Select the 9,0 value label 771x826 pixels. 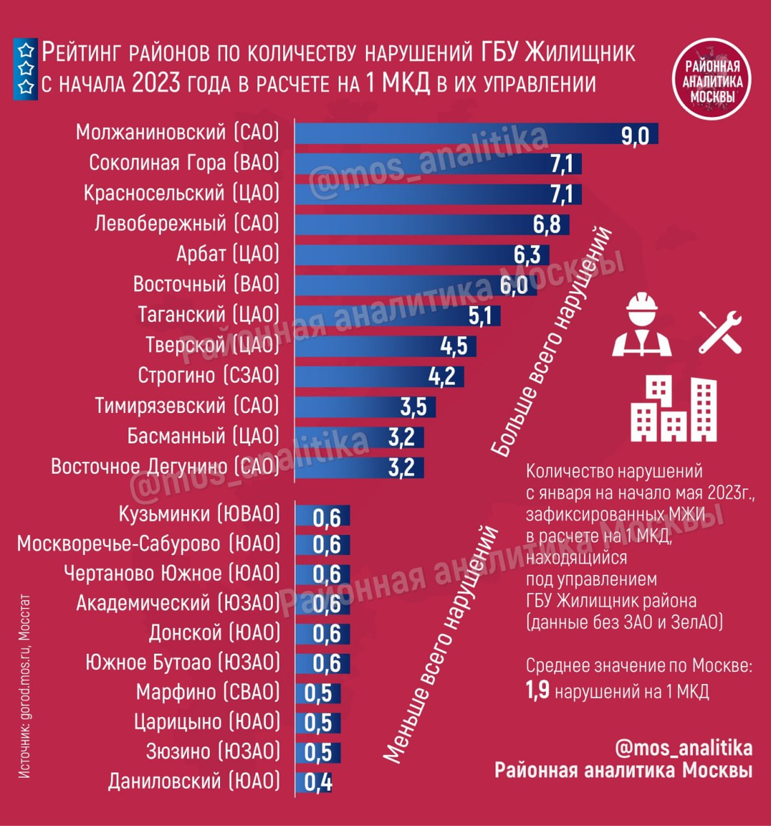[634, 135]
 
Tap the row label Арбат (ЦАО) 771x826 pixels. [228, 254]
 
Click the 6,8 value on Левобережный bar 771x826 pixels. [546, 224]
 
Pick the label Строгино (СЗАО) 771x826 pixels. [208, 376]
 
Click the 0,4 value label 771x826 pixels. [318, 783]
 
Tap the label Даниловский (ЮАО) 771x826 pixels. [194, 781]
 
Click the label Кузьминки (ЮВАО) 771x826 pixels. [199, 513]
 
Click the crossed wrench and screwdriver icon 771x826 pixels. [719, 331]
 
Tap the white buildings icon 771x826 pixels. [673, 409]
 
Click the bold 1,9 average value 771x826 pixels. [538, 690]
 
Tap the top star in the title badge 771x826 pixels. [25, 50]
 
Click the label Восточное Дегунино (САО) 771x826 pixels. [165, 467]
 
